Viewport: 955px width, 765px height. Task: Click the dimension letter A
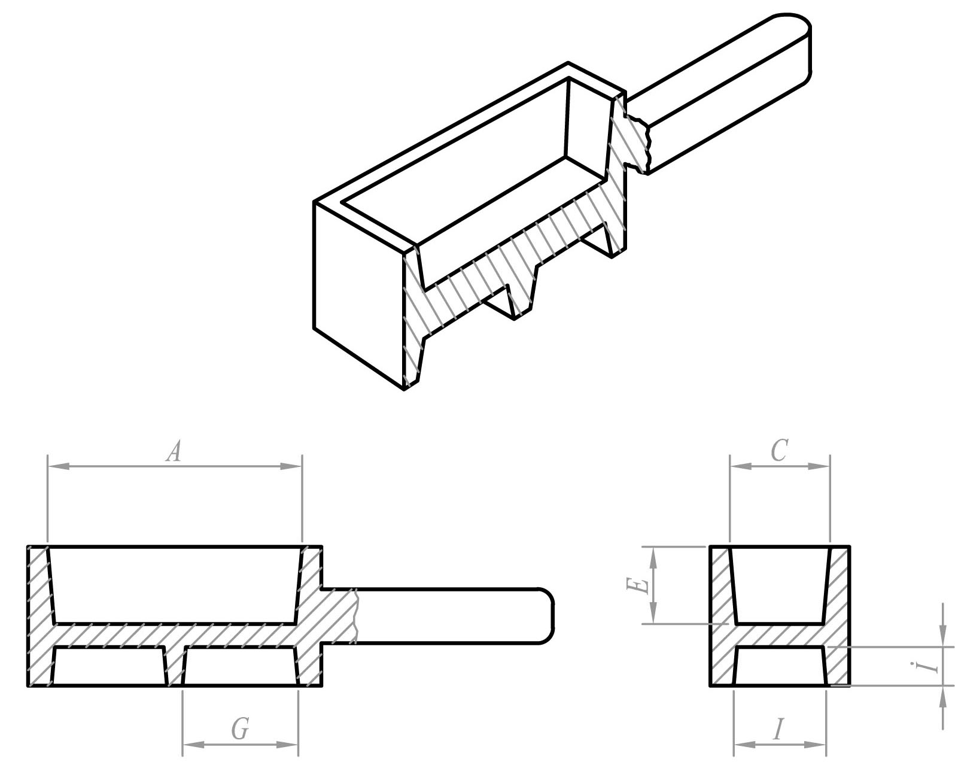(173, 452)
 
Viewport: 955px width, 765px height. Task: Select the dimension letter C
(778, 451)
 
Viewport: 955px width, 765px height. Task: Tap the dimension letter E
(638, 585)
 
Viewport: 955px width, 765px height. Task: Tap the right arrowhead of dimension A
(294, 466)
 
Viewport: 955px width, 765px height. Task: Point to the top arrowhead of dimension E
(653, 554)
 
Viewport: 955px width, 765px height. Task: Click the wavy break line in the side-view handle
(356, 616)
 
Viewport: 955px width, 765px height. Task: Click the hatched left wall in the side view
(39, 616)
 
